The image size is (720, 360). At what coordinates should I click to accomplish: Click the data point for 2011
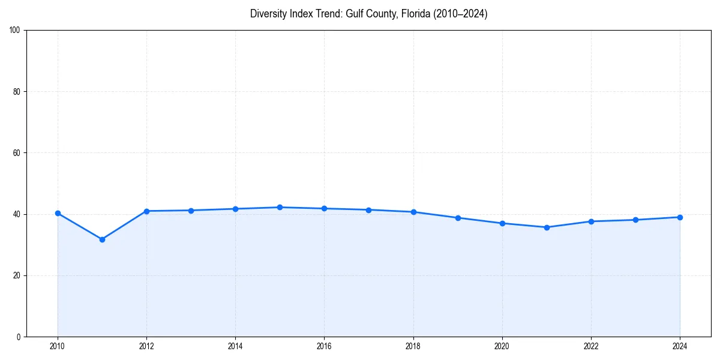coord(102,239)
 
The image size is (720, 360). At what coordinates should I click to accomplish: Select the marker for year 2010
coord(58,213)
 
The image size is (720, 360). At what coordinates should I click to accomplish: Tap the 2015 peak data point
coord(280,207)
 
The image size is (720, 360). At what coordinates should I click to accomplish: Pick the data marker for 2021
coord(547,227)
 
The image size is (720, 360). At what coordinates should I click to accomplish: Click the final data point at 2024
coord(680,217)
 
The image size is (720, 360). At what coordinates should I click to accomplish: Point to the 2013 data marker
coord(191,211)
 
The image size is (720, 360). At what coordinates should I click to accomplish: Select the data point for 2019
coord(458,218)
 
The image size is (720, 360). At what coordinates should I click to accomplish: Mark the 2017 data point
coord(368,210)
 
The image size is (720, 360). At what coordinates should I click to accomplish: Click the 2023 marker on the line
coord(635,220)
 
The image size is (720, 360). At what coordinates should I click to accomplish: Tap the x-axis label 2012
coord(146,346)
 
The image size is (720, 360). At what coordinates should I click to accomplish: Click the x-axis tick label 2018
coord(413,346)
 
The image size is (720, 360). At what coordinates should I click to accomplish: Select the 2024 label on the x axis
coord(680,346)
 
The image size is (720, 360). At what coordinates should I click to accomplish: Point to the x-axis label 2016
coord(324,346)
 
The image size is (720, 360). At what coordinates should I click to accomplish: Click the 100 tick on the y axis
coord(15,30)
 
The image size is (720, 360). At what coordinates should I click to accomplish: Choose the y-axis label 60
coord(17,153)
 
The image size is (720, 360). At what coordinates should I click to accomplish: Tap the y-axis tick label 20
coord(17,275)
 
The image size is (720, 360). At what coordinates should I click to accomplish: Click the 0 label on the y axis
coord(19,337)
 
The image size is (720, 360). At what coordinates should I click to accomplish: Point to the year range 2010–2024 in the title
coord(459,14)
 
